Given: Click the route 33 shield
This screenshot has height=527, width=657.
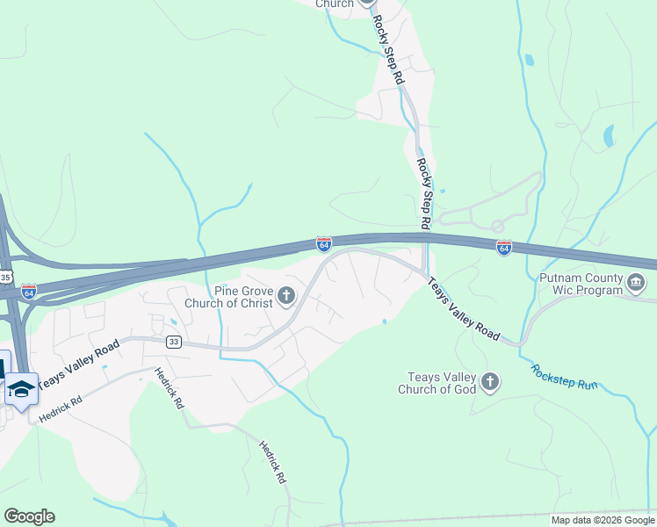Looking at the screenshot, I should point(173,343).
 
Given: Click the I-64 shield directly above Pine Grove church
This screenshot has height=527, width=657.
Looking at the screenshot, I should point(323,242).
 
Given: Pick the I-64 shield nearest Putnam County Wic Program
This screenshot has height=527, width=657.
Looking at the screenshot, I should point(503,249).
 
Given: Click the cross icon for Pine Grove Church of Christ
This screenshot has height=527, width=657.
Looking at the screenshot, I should point(285,297).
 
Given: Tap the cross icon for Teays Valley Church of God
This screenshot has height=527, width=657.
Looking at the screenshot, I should point(489,382).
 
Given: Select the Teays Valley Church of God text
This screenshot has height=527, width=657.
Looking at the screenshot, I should point(437,383).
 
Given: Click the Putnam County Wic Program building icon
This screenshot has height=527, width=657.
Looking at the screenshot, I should point(637,284).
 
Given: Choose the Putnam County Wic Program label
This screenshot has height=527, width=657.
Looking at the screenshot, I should point(581,284).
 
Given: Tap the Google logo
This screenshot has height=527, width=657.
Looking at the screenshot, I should point(29,516).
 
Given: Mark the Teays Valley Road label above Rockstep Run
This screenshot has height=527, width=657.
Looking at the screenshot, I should point(464,309).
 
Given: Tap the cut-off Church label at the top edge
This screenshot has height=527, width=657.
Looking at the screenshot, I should point(334,4).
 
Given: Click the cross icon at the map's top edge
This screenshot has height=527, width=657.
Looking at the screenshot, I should point(367,3).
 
